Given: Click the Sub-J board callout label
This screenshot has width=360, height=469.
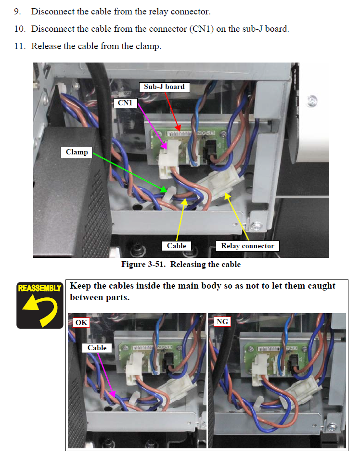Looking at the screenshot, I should pyautogui.click(x=164, y=87).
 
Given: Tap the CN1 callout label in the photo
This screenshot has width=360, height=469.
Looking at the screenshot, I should pyautogui.click(x=125, y=102).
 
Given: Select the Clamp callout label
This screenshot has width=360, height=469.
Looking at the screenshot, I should pyautogui.click(x=77, y=152).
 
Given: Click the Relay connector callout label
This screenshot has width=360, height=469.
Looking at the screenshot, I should pyautogui.click(x=247, y=246).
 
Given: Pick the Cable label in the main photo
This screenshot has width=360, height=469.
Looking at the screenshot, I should pyautogui.click(x=176, y=246).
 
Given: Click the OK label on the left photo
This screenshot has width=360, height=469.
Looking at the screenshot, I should pyautogui.click(x=81, y=322).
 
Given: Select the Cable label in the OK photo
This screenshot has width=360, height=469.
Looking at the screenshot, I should pyautogui.click(x=97, y=348).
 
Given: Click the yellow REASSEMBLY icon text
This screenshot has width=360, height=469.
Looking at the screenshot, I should pyautogui.click(x=40, y=288).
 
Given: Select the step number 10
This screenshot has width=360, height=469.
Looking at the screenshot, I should pyautogui.click(x=19, y=29).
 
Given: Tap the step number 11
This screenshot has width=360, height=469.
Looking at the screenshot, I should pyautogui.click(x=19, y=47).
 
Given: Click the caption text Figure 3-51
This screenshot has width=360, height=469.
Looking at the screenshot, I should pyautogui.click(x=143, y=265).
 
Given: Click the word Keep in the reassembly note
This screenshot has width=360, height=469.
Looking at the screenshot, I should pyautogui.click(x=80, y=286).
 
